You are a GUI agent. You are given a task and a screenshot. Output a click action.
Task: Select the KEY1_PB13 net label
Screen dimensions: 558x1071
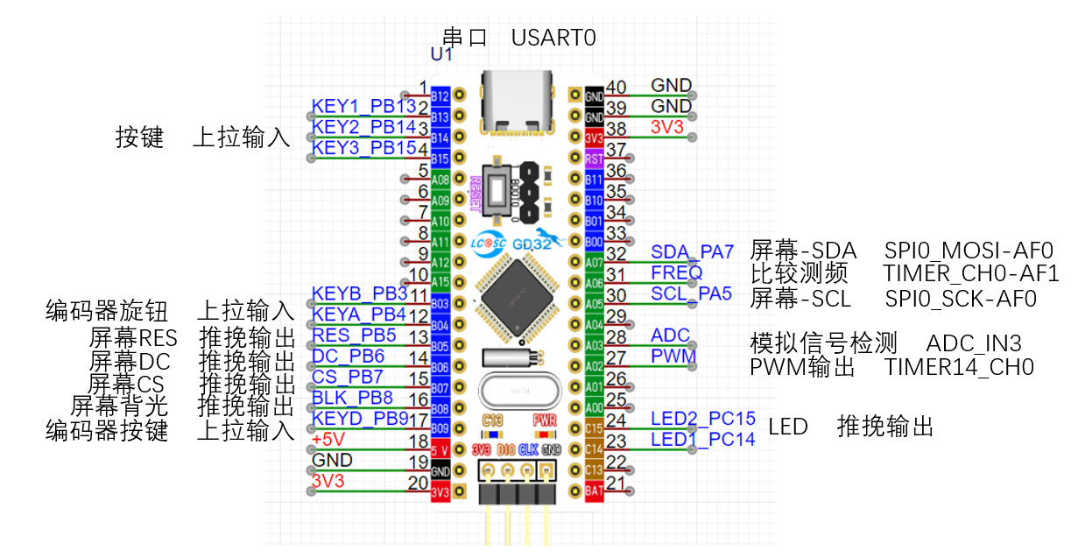click(363, 107)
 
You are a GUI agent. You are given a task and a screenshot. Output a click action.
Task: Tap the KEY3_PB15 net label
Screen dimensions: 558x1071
click(363, 148)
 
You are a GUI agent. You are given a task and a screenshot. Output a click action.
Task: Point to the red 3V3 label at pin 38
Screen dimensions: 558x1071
click(669, 127)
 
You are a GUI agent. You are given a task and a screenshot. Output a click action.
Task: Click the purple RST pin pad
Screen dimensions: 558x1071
click(594, 159)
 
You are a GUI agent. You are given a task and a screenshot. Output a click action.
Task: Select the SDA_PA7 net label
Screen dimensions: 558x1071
click(692, 252)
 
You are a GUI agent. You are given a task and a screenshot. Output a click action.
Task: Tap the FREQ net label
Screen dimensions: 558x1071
click(676, 272)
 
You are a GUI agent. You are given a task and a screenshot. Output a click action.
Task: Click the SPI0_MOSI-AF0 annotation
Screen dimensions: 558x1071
click(968, 251)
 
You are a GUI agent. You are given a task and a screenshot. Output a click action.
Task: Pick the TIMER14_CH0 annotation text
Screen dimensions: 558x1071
click(959, 366)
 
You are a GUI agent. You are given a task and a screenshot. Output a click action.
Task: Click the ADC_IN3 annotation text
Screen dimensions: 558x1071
click(974, 343)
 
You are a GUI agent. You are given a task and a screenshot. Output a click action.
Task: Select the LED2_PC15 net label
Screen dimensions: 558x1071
click(702, 419)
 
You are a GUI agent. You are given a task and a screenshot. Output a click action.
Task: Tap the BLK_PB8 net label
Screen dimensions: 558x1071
click(352, 397)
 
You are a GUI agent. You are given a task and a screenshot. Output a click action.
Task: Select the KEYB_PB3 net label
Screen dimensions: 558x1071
click(359, 293)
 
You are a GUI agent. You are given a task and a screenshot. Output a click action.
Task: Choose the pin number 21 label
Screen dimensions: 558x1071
click(617, 484)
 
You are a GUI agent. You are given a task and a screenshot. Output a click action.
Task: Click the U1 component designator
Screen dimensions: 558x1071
click(441, 54)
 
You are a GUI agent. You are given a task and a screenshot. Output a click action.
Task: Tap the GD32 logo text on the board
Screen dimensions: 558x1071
click(532, 244)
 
